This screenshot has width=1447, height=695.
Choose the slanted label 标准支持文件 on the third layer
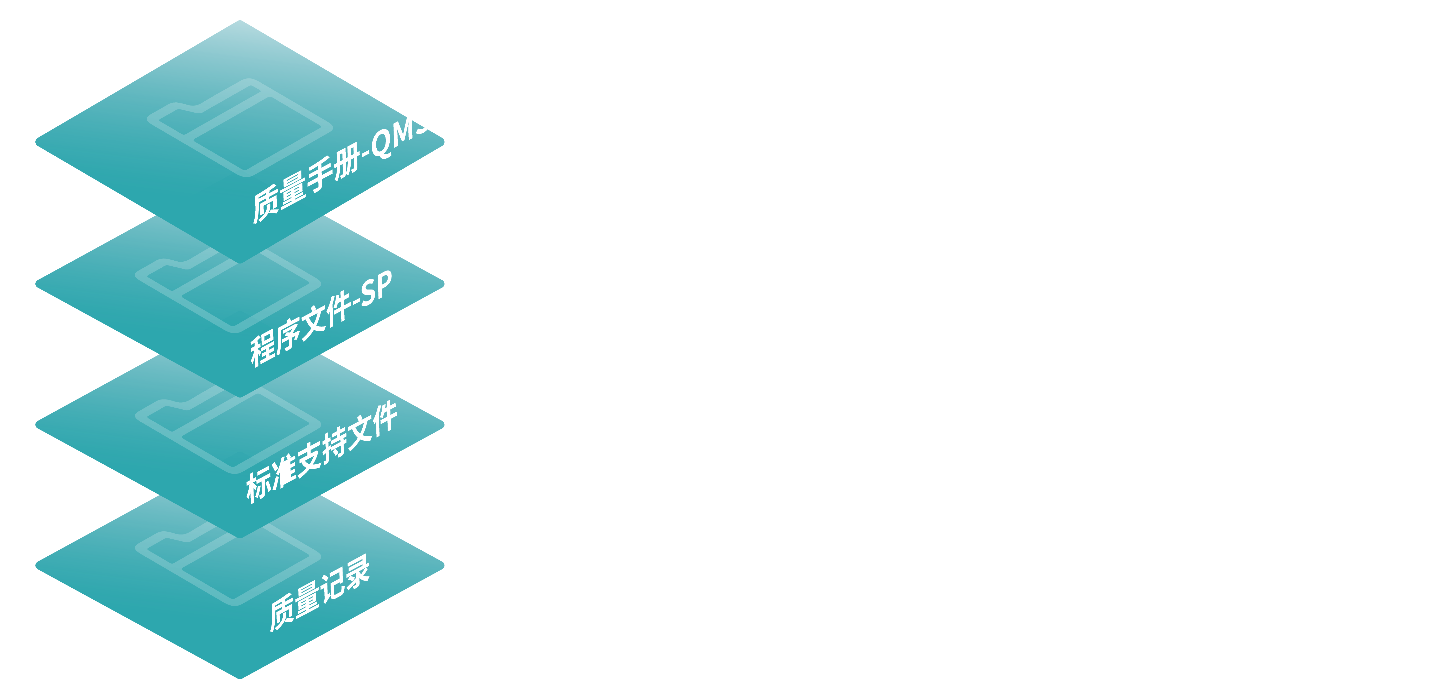[321, 453]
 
